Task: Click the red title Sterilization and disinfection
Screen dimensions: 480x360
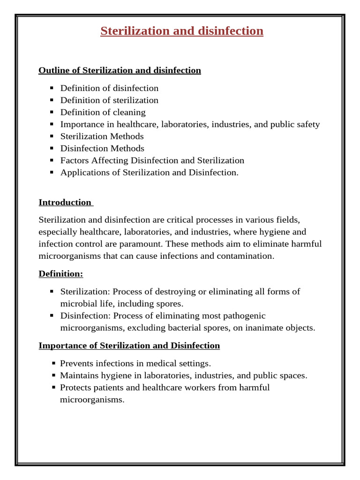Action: (x=182, y=31)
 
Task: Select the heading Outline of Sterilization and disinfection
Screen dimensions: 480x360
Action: (x=120, y=70)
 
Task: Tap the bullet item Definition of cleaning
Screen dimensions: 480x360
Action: (x=103, y=112)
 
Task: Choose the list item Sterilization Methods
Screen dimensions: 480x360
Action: (x=102, y=136)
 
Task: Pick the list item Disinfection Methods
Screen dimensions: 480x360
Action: (x=102, y=149)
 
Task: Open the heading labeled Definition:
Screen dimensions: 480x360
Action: (x=60, y=274)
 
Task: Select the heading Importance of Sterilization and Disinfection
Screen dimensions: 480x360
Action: (x=129, y=346)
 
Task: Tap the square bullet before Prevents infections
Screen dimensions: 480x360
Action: (x=54, y=363)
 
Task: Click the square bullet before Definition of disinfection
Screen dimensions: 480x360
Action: (x=52, y=88)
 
